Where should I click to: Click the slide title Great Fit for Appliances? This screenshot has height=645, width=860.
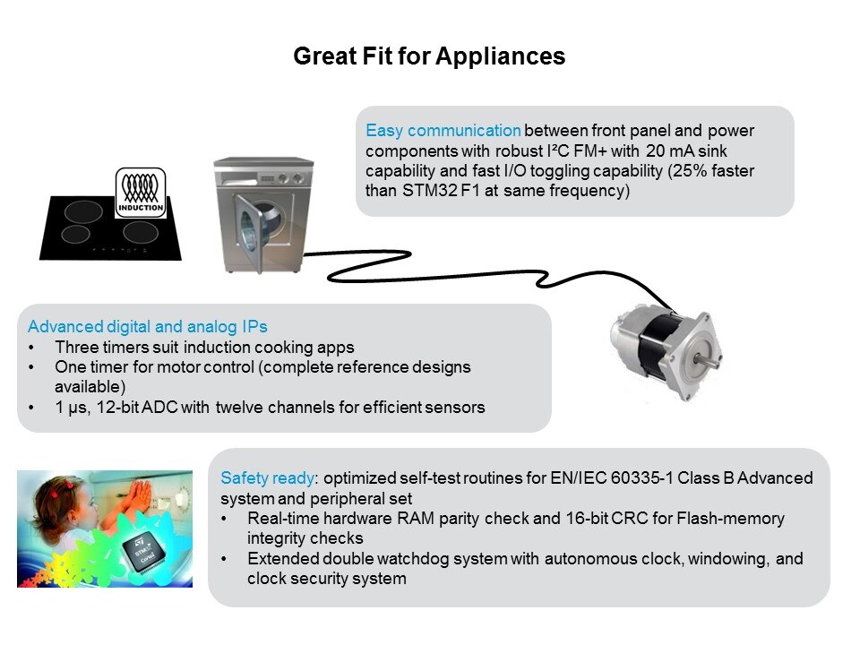429,56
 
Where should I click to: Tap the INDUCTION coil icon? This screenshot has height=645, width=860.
142,191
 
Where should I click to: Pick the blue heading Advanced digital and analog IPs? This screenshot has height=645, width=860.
148,326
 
